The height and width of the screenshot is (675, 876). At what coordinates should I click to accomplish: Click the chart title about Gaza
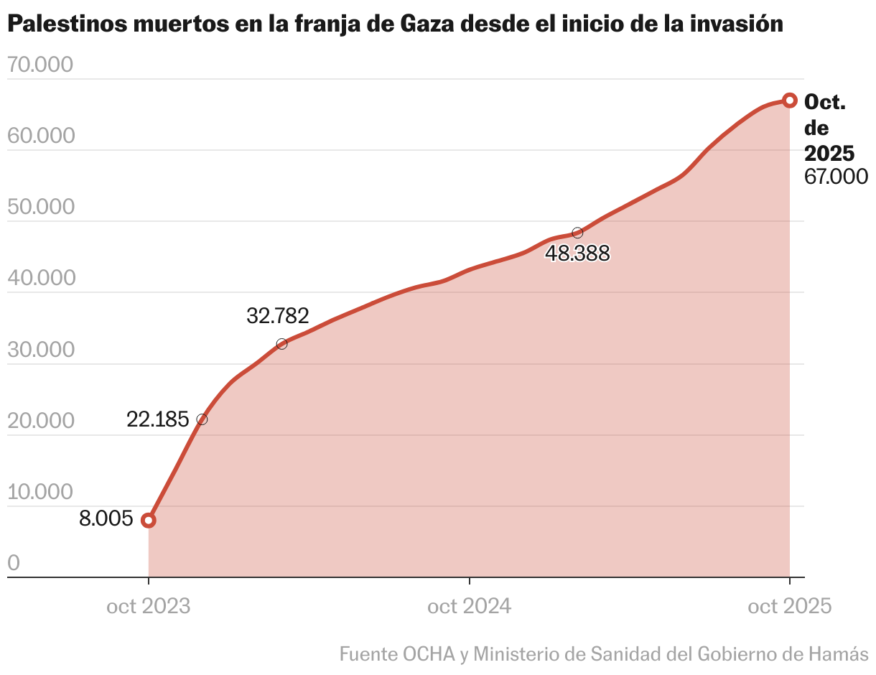tap(394, 24)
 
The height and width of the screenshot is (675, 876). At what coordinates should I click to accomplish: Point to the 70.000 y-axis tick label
tap(41, 65)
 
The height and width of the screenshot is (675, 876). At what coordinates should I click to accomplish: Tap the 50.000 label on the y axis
tap(41, 207)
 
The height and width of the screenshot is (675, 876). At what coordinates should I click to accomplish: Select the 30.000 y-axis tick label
tap(41, 350)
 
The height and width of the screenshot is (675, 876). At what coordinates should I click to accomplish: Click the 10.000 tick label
tap(41, 492)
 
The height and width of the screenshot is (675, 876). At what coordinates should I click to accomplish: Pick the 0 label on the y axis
tap(14, 563)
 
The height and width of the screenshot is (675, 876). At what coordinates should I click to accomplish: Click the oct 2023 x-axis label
tap(149, 607)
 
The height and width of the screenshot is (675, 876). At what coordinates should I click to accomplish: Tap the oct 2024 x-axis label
tap(469, 607)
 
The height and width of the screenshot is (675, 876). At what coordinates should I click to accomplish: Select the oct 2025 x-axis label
tap(789, 607)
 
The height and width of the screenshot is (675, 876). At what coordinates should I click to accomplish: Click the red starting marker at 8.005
tap(149, 520)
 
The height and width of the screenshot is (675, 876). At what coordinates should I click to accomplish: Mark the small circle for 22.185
tap(202, 419)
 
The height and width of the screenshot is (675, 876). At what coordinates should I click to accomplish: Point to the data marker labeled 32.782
tap(281, 344)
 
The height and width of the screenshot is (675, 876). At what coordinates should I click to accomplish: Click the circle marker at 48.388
tap(577, 233)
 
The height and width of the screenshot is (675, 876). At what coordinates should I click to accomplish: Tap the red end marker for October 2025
tap(789, 100)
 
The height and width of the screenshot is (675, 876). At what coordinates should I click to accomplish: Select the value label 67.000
tap(836, 177)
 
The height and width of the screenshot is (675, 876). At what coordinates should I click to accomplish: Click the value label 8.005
tap(106, 518)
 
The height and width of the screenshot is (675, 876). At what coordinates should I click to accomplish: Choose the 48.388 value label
tap(577, 253)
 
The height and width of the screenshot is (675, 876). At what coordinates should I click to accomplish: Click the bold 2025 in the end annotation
tap(829, 153)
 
